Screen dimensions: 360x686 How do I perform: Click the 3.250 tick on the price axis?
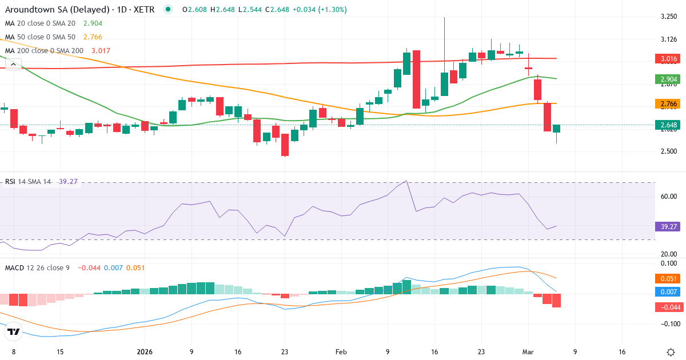669,17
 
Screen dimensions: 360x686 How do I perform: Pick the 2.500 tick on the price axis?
669,151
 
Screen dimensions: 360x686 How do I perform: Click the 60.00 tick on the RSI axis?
669,197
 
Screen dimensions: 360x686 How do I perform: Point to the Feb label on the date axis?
341,352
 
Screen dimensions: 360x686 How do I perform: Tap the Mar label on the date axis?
528,352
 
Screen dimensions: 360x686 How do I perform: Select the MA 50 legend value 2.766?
93,37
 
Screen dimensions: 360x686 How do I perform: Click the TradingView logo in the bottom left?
14,331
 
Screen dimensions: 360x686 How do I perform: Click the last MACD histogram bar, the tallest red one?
557,301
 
